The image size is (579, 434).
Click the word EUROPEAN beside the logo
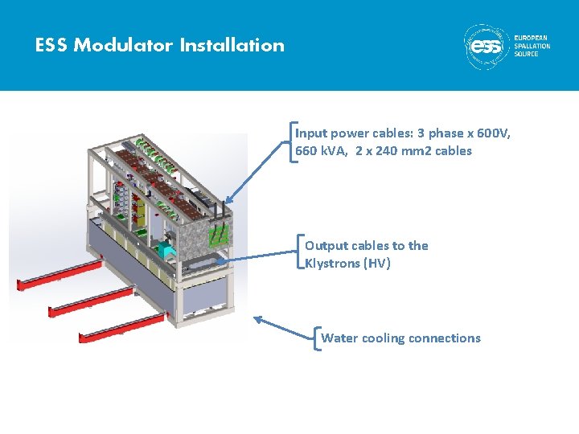pos(532,38)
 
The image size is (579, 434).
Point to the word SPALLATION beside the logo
pos(532,46)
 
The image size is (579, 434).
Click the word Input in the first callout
pos(311,133)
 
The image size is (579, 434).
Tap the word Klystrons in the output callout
pos(333,264)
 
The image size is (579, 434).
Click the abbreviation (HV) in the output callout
pos(377,264)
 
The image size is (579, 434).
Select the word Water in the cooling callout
pos(339,338)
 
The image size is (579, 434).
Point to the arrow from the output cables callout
pos(257,257)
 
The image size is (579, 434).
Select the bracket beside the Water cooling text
pos(317,338)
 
